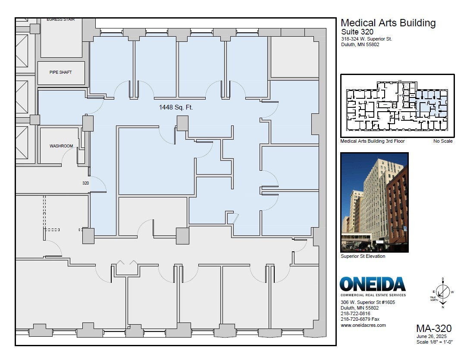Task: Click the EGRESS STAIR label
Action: [x=61, y=19]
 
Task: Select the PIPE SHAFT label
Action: [x=61, y=72]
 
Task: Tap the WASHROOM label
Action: [x=61, y=146]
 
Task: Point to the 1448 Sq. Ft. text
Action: [x=176, y=107]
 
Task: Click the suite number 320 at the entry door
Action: [x=85, y=183]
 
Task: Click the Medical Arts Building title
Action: [x=388, y=23]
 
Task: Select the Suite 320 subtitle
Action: [x=357, y=32]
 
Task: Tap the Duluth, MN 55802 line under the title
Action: [x=360, y=45]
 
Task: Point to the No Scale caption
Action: [x=443, y=141]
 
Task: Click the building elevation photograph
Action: [x=374, y=202]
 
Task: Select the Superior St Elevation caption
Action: [x=363, y=257]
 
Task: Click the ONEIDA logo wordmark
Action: [x=373, y=285]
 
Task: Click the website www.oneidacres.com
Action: [x=363, y=326]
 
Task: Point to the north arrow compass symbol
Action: [x=442, y=291]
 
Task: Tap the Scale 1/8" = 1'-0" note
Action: [x=434, y=342]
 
